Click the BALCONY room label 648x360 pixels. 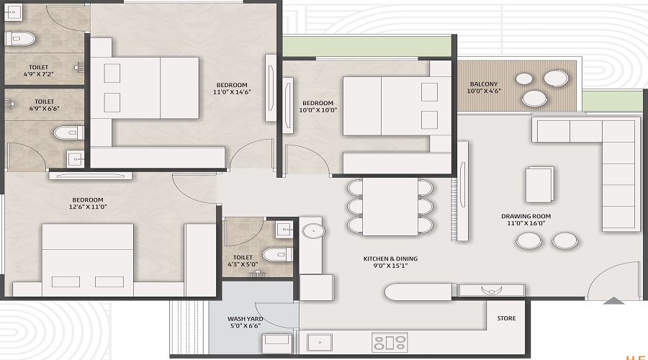[483, 84]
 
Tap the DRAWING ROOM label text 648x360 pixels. [526, 216]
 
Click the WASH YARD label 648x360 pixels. [245, 318]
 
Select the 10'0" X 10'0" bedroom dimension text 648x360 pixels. [318, 110]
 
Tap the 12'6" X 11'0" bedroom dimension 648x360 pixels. [87, 207]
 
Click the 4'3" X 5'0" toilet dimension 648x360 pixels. [243, 265]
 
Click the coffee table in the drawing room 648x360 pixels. [539, 184]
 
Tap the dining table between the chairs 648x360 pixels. [390, 206]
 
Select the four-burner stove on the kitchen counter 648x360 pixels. [390, 341]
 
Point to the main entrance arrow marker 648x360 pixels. [613, 301]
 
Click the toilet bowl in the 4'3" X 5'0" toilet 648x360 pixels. [276, 254]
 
